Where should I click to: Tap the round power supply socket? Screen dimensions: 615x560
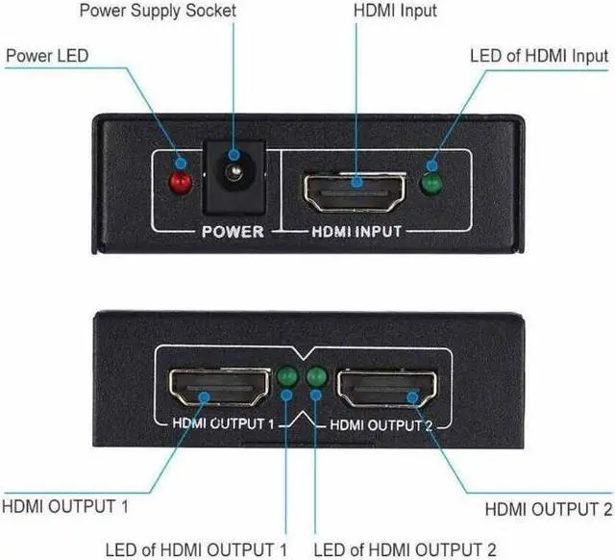pos(232,177)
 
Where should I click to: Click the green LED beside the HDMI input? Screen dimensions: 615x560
pos(434,183)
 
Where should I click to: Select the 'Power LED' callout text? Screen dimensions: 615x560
pos(48,56)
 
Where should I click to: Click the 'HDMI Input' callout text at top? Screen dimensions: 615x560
pos(395,12)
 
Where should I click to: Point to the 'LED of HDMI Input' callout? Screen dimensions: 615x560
pos(538,56)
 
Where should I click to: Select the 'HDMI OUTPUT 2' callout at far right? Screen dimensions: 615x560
pos(548,509)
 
